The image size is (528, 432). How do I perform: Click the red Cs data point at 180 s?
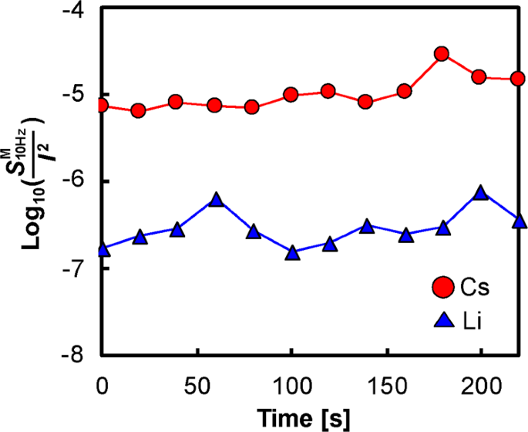tap(442, 54)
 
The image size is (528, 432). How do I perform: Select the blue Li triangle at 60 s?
tap(217, 201)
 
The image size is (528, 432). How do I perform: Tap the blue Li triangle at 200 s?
tap(481, 193)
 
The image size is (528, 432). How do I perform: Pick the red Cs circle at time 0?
tap(102, 105)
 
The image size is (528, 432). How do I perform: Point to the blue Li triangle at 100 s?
tap(292, 252)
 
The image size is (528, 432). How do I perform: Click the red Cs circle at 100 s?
tap(291, 95)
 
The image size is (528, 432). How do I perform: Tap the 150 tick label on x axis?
tap(385, 382)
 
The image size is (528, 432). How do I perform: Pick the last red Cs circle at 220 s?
tap(517, 79)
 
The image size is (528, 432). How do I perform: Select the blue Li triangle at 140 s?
tap(367, 227)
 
